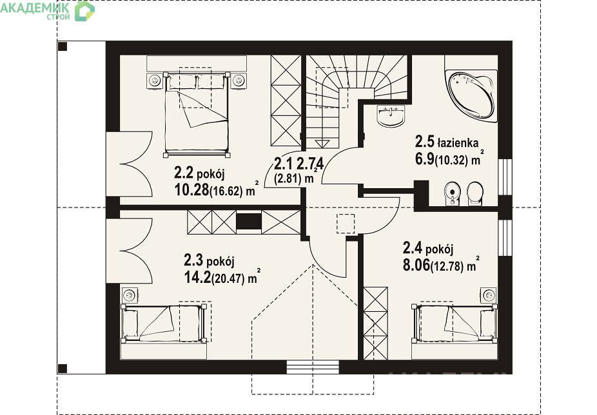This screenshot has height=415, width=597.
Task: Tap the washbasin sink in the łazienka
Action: pos(391,115)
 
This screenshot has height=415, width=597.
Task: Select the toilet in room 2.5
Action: pos(475,194)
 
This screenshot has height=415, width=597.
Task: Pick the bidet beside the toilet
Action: pos(452,194)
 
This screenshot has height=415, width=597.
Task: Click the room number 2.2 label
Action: pos(184,173)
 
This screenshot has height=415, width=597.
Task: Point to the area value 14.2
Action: pos(197,278)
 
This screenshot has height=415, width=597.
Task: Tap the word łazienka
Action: pos(458,143)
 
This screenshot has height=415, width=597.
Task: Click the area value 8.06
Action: pos(416,265)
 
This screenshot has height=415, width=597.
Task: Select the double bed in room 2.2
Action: pos(197,114)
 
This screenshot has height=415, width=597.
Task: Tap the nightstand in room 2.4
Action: pos(489,295)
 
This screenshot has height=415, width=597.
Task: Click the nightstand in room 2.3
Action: pos(130,295)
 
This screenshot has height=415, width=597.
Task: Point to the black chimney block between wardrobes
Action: pos(249,221)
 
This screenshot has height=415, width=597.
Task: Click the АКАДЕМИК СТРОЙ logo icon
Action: pos(84,11)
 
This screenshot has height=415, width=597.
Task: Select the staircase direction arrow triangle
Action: pos(322,144)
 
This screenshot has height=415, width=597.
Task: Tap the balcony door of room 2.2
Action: pos(130,164)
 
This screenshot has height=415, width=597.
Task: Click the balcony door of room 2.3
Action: pos(130,251)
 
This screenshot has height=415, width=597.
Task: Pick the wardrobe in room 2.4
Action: pos(375,323)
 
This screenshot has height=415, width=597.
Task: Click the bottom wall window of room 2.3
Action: pos(313,367)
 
